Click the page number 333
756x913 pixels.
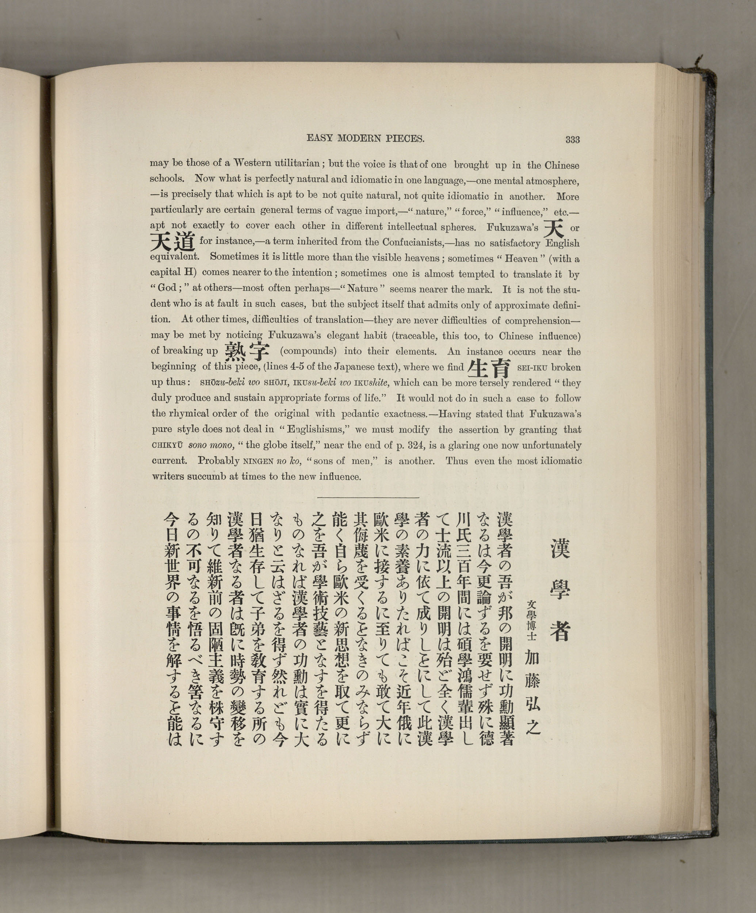coord(573,140)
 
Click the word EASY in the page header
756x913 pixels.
coord(319,139)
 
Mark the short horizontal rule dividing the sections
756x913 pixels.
coord(368,497)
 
